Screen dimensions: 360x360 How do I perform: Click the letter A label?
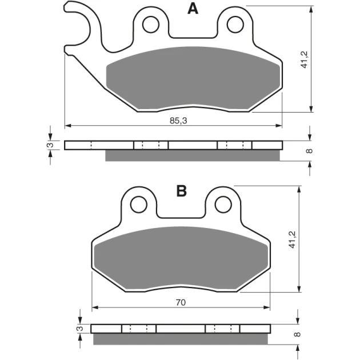(193, 9)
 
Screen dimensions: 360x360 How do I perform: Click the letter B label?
(181, 191)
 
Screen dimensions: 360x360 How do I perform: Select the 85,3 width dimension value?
(178, 121)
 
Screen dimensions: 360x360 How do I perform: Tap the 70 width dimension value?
(181, 303)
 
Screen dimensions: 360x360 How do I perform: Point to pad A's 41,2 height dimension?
(305, 59)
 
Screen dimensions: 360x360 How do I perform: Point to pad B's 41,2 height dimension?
(292, 239)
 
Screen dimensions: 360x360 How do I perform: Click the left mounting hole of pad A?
(151, 25)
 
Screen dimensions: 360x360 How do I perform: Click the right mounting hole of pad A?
(235, 25)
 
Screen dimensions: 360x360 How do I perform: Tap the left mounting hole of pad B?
(139, 205)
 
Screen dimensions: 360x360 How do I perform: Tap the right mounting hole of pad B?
(223, 205)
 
